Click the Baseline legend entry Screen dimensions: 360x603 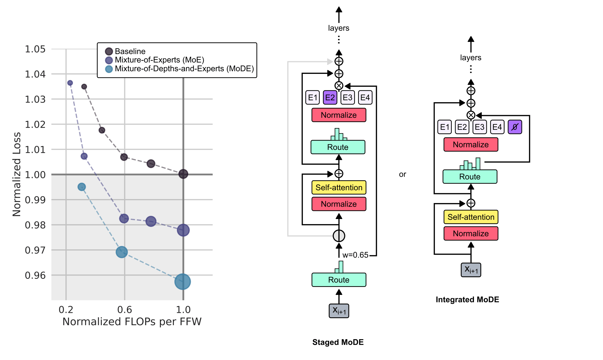(x=130, y=51)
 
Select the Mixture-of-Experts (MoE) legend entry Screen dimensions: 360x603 (x=159, y=60)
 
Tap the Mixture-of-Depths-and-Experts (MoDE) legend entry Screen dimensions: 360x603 (x=184, y=69)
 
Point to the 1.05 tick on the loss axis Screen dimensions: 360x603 (x=35, y=49)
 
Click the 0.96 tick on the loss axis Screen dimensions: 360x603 (x=35, y=275)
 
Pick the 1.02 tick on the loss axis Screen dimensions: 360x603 (x=35, y=124)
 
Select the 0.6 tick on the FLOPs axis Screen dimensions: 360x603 (x=125, y=309)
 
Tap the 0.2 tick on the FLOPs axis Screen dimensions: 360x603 (x=66, y=309)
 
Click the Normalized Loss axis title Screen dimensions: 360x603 (x=17, y=174)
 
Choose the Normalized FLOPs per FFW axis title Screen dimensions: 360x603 (x=132, y=322)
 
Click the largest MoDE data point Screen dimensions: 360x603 (x=183, y=282)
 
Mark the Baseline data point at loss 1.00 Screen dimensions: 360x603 (x=183, y=174)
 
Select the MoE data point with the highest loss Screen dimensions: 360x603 (x=70, y=83)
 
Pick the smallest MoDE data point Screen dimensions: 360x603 (x=82, y=187)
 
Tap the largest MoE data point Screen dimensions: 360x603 (x=183, y=230)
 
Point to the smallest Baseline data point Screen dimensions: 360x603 (x=84, y=86)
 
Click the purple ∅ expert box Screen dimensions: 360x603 (x=515, y=127)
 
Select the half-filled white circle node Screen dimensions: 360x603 (x=339, y=236)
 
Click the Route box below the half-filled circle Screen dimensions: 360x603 (x=339, y=280)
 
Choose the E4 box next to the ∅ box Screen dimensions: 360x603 (x=497, y=127)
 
